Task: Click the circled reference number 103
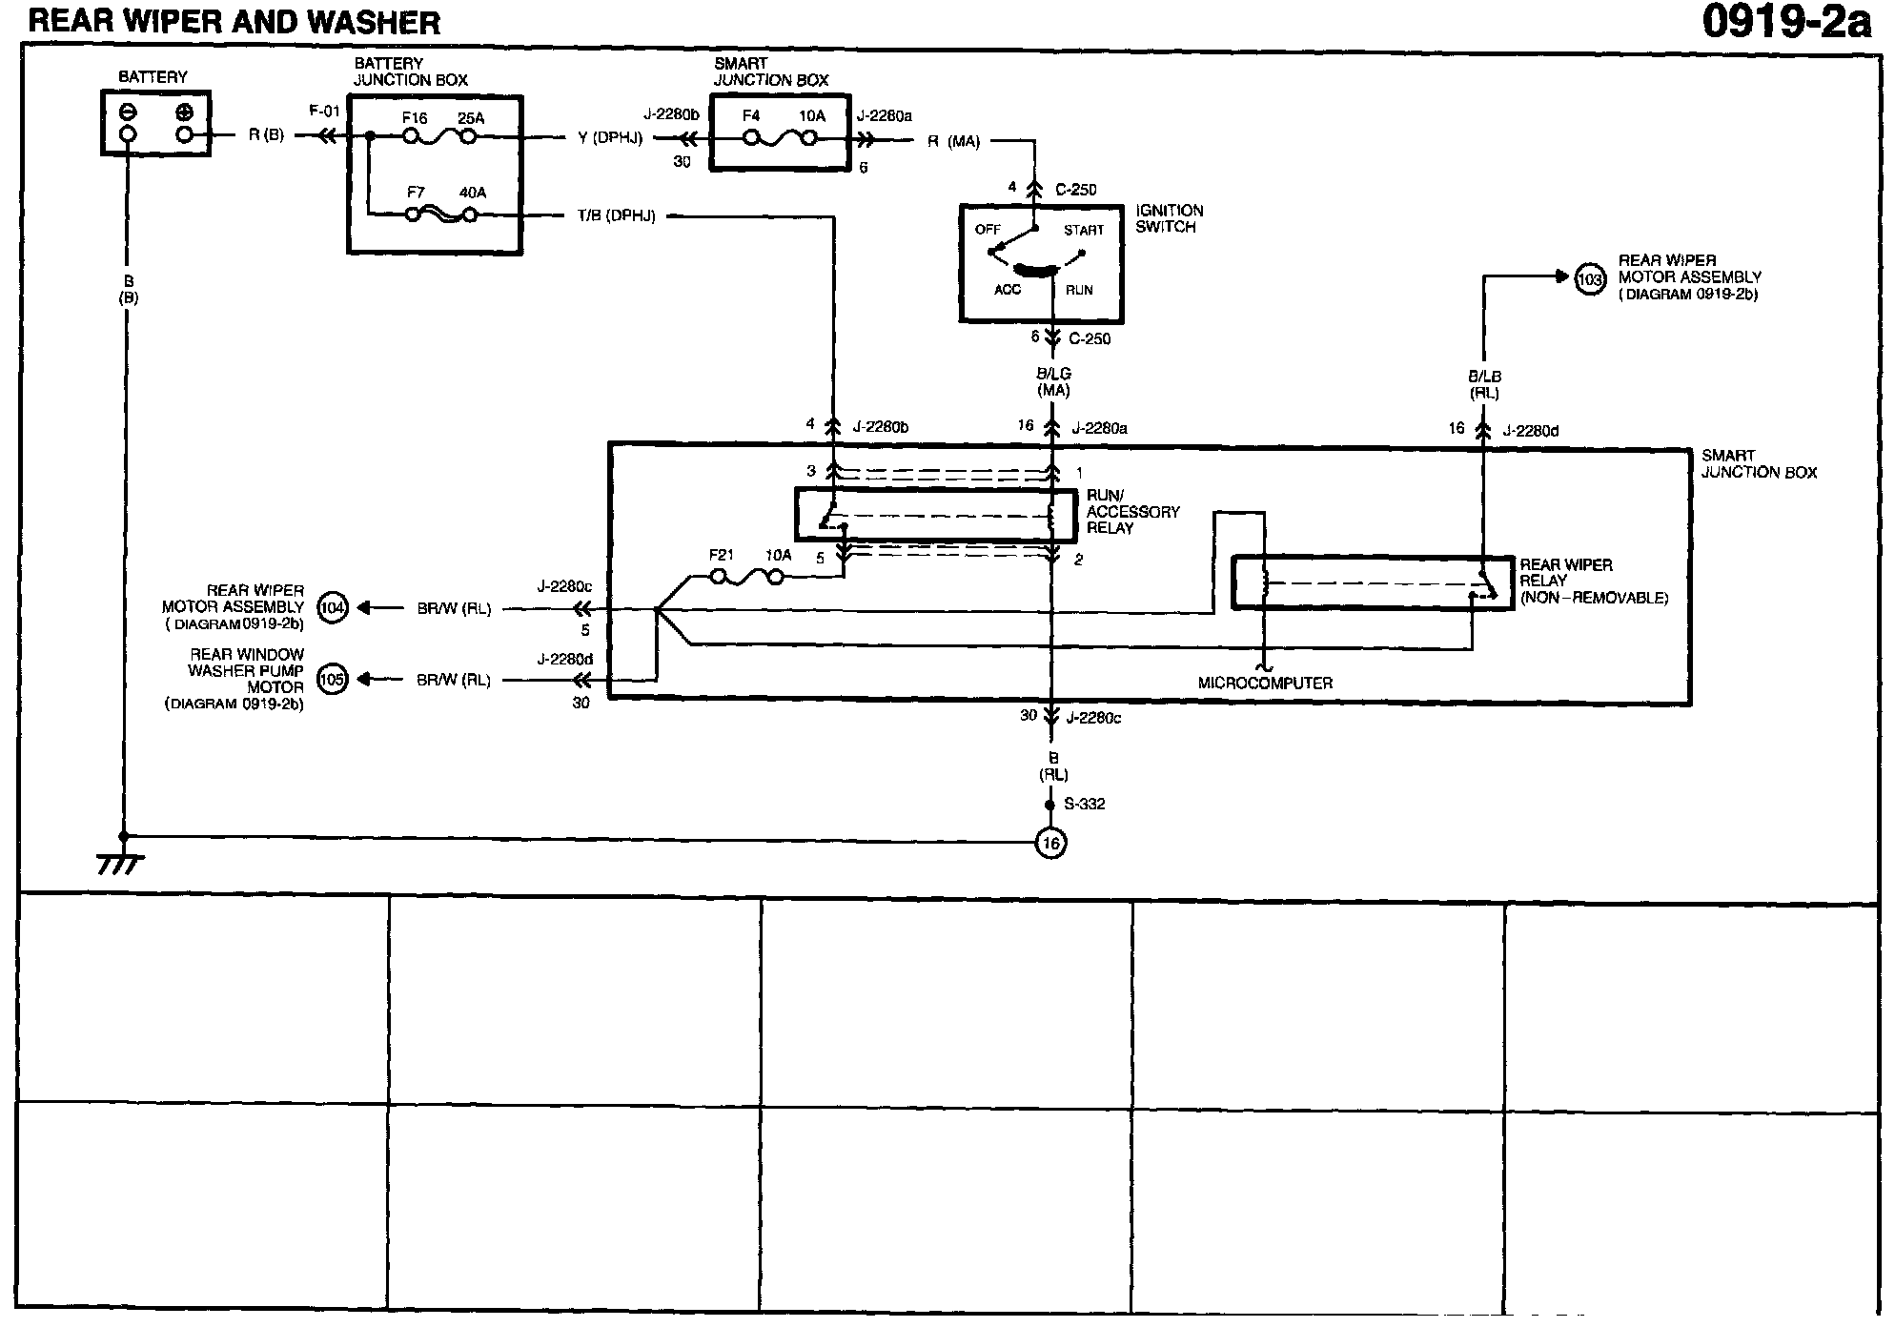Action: point(1590,279)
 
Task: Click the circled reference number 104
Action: point(333,607)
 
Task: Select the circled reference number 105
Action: point(333,680)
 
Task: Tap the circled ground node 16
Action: point(1050,844)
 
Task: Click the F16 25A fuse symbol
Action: point(439,137)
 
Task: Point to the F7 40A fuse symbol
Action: point(441,214)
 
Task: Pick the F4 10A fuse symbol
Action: point(781,138)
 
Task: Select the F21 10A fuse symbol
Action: point(747,577)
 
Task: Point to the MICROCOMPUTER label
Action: point(1265,684)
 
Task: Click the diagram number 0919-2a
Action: point(1786,22)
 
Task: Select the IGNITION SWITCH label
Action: point(1170,218)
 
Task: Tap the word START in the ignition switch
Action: point(1084,231)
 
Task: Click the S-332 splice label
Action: point(1084,805)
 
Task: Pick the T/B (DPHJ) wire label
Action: point(617,216)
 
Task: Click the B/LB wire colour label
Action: point(1484,377)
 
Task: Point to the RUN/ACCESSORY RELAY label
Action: point(1132,512)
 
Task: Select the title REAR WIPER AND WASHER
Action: point(234,22)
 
